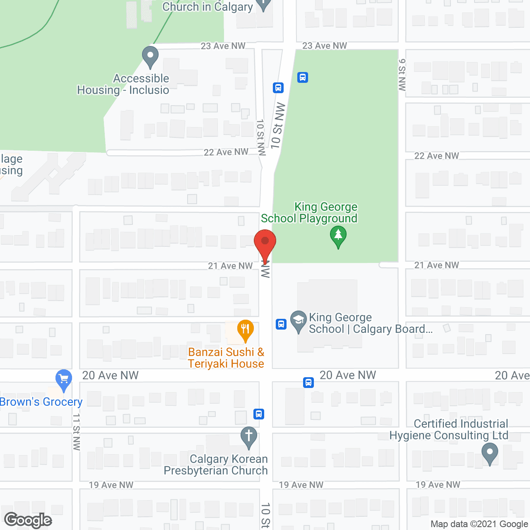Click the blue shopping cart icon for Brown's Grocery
click(64, 379)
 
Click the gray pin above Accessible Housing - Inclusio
click(150, 56)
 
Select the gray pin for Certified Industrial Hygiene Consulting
click(490, 453)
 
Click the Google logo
click(28, 520)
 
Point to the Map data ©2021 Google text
click(479, 524)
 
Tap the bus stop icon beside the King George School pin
click(281, 324)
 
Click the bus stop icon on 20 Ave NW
click(308, 382)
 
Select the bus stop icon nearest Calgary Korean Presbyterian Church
click(259, 414)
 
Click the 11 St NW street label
click(77, 431)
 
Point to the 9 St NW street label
click(402, 75)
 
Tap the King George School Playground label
click(309, 212)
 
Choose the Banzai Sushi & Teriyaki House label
click(226, 358)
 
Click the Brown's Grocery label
click(41, 402)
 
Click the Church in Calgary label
click(207, 7)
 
